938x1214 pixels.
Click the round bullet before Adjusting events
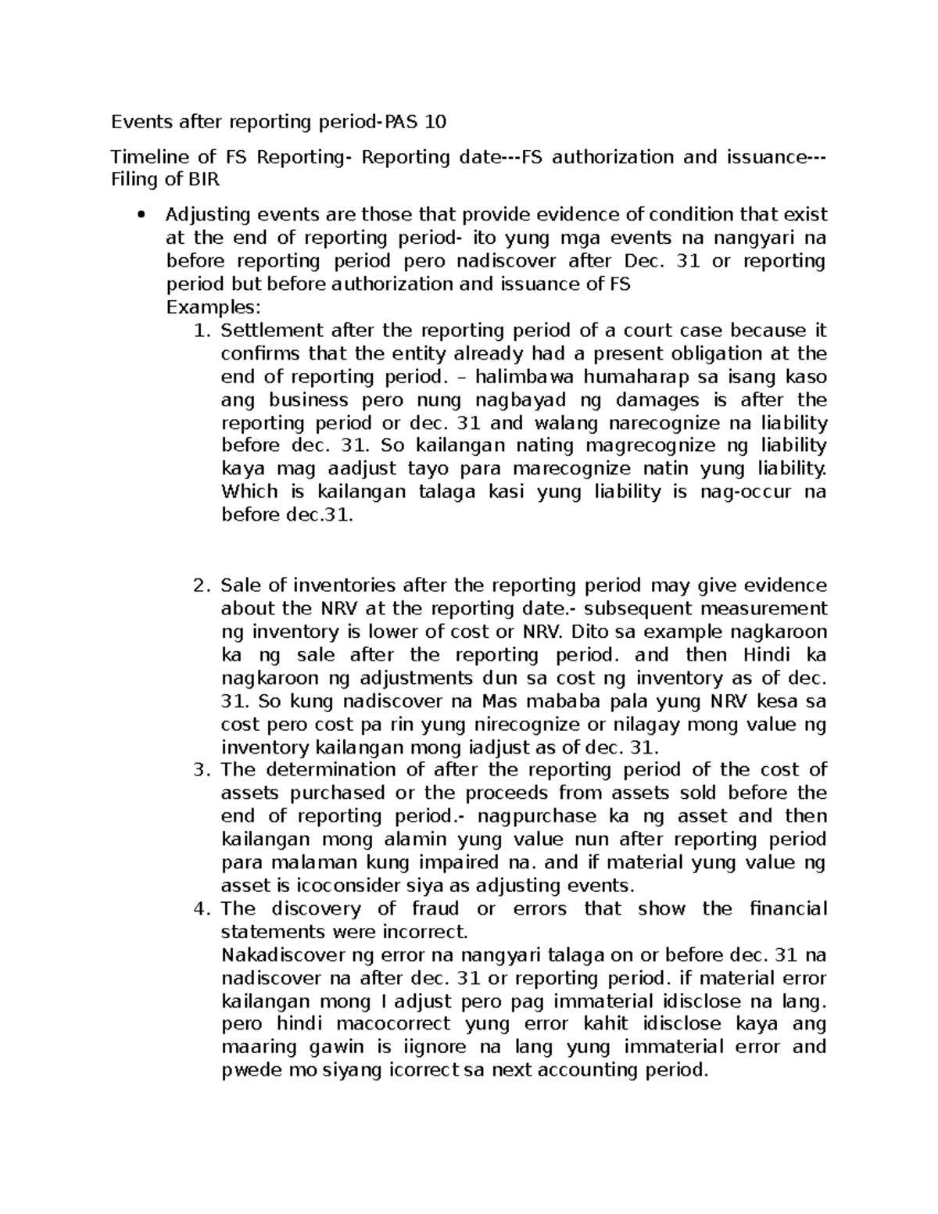(141, 215)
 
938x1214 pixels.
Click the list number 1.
(202, 330)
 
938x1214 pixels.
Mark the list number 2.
(202, 586)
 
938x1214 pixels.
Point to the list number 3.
(202, 770)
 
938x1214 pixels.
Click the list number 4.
(202, 909)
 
